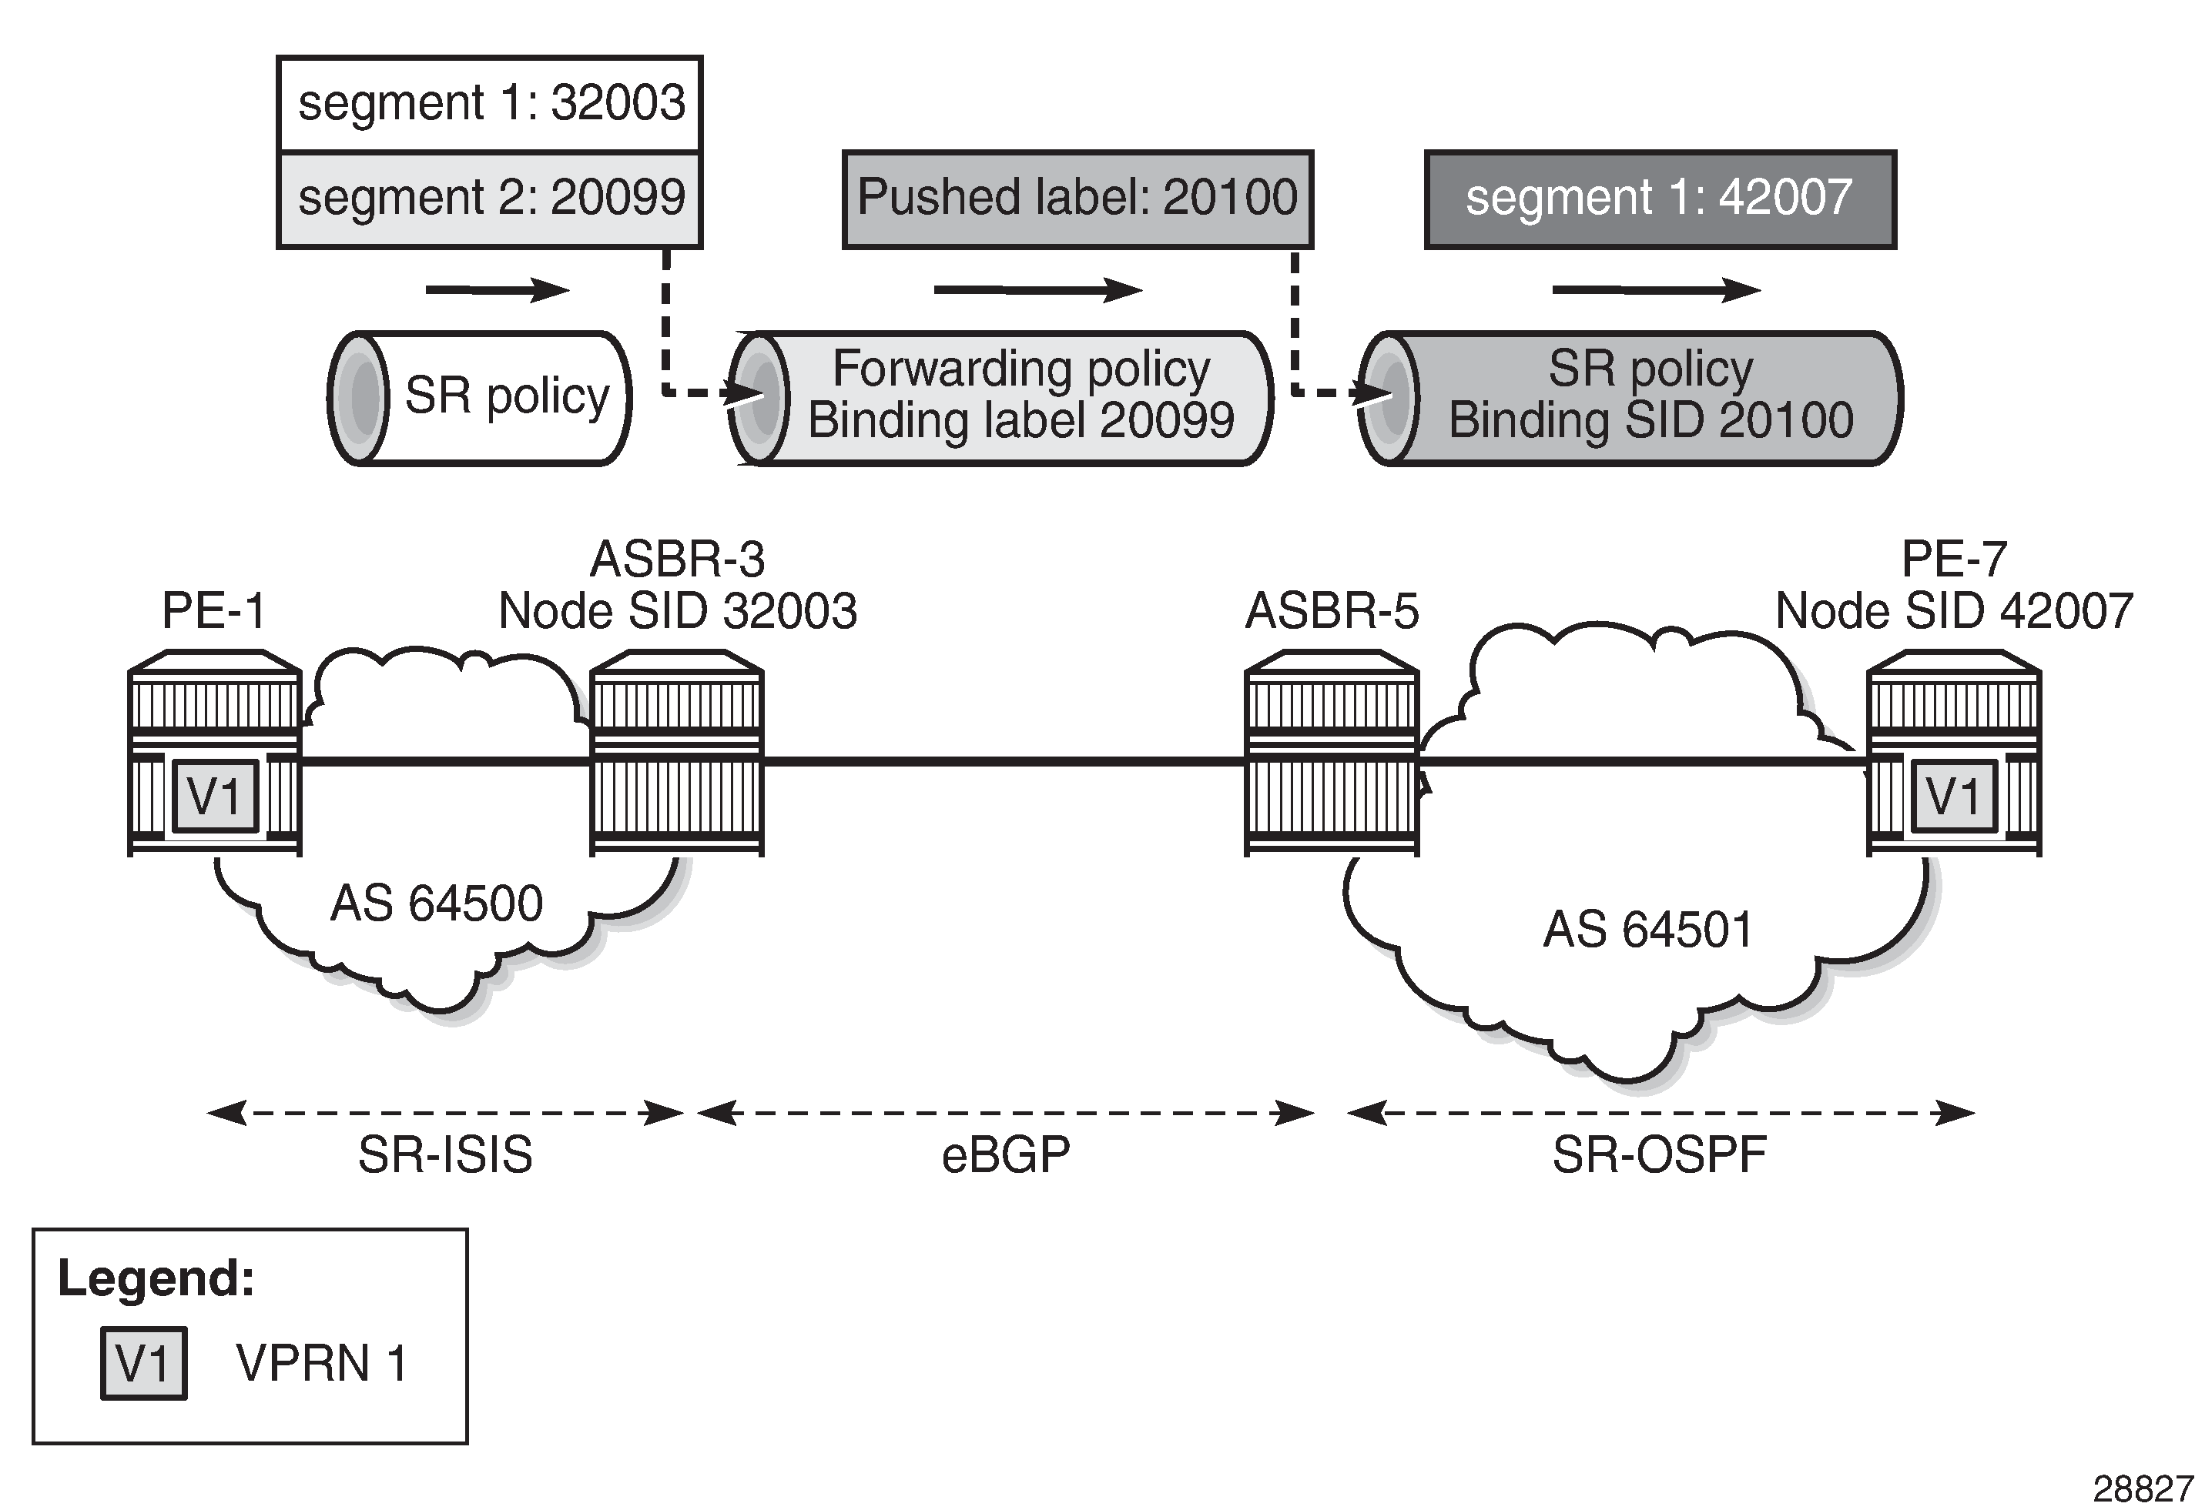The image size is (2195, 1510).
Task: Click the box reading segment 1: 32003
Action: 489,103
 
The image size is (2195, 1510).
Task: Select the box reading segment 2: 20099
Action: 489,199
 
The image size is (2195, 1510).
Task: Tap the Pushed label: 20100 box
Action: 1077,199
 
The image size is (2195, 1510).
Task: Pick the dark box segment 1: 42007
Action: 1660,199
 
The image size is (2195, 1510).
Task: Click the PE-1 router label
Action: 214,610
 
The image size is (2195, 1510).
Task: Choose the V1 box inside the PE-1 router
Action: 215,797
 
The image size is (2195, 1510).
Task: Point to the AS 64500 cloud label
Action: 437,904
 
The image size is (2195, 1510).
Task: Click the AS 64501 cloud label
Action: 1648,930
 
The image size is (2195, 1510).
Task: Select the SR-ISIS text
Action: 445,1155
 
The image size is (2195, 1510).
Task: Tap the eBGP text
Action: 1005,1155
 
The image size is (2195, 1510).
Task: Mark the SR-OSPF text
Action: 1659,1155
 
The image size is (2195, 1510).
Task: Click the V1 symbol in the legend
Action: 144,1363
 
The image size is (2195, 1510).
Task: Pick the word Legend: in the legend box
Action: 156,1278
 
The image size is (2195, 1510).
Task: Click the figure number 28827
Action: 2142,1489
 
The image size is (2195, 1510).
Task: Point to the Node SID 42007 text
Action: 1954,611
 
